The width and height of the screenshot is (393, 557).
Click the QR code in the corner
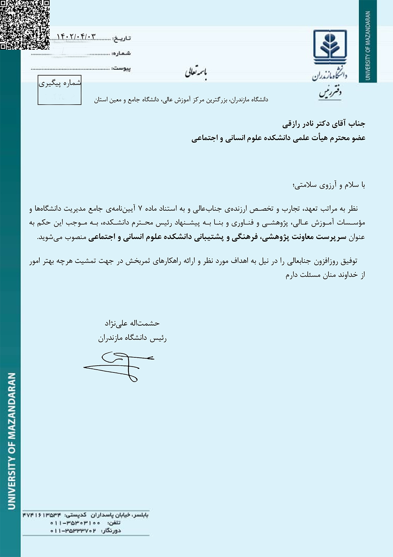click(25, 24)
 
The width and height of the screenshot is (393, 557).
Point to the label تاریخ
click(121, 38)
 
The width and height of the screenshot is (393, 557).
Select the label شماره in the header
click(121, 54)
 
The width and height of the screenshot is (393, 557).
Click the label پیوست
click(121, 68)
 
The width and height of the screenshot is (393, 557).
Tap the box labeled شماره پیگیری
click(60, 90)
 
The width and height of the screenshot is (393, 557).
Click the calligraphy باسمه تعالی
click(196, 72)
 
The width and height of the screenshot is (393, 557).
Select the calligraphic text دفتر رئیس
click(330, 93)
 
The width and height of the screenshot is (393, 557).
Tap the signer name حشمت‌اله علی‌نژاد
click(132, 323)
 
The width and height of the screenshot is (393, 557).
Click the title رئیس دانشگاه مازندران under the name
click(132, 338)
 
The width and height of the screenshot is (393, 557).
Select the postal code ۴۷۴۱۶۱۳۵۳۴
click(42, 515)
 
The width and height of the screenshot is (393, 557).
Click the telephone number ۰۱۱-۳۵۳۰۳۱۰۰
click(75, 523)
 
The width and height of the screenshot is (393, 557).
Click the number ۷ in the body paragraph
click(140, 209)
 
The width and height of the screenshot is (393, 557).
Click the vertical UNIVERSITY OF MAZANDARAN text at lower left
click(12, 441)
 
